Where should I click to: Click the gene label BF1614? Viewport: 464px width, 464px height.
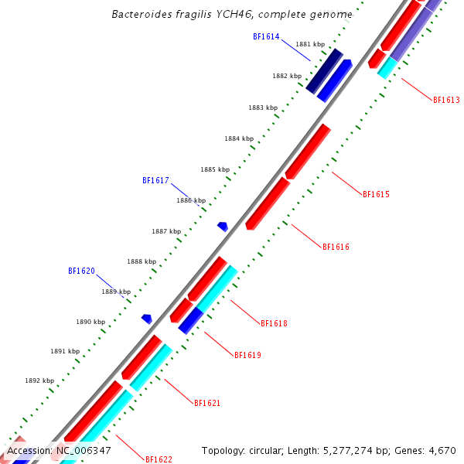pyautogui.click(x=266, y=36)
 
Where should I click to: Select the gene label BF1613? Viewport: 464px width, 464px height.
pyautogui.click(x=446, y=101)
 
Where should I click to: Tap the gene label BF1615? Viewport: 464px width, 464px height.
pyautogui.click(x=376, y=194)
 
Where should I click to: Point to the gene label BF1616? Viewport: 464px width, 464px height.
pyautogui.click(x=336, y=247)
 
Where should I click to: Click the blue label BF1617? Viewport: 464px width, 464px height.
pyautogui.click(x=155, y=180)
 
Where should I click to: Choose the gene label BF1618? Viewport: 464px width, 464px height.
pyautogui.click(x=274, y=323)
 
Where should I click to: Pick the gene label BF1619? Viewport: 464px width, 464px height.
pyautogui.click(x=247, y=356)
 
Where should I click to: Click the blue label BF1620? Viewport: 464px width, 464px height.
pyautogui.click(x=81, y=271)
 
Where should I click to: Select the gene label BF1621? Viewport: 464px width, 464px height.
pyautogui.click(x=207, y=404)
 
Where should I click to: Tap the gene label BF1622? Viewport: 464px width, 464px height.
pyautogui.click(x=159, y=459)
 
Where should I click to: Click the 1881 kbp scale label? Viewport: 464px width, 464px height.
pyautogui.click(x=309, y=45)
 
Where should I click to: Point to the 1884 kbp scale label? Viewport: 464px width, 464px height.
pyautogui.click(x=239, y=139)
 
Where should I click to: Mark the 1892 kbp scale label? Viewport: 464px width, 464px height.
pyautogui.click(x=39, y=380)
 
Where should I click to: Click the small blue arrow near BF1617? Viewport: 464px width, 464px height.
pyautogui.click(x=223, y=227)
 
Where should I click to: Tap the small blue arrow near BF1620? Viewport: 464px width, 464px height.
pyautogui.click(x=147, y=319)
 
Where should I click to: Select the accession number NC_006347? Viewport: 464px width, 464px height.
pyautogui.click(x=83, y=450)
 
